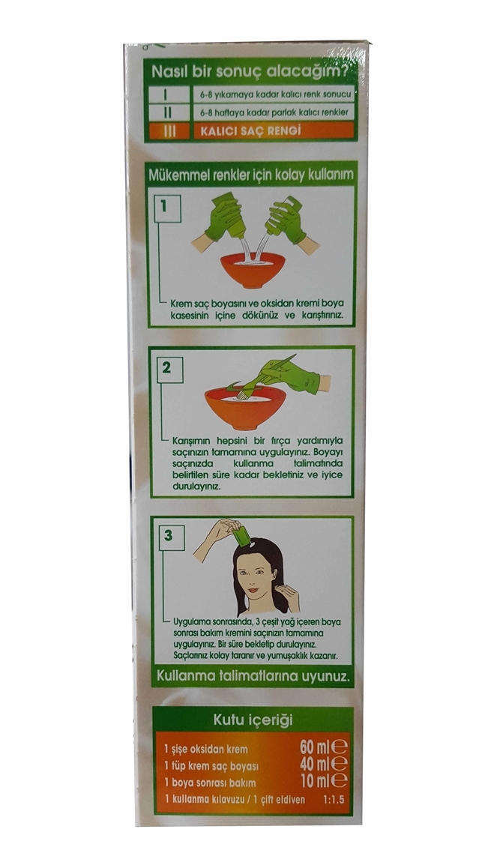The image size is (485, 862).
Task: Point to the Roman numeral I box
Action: click(x=168, y=94)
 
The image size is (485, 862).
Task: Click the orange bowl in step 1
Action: click(x=253, y=270)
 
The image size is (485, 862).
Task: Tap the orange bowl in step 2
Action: click(x=245, y=407)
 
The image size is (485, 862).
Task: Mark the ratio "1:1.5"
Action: click(x=334, y=800)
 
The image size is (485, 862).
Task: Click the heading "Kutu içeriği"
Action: click(x=253, y=720)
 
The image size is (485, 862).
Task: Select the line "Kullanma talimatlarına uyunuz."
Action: click(x=253, y=677)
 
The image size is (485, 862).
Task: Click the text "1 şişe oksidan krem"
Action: click(x=205, y=750)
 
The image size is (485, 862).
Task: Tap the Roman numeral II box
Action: click(x=168, y=112)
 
